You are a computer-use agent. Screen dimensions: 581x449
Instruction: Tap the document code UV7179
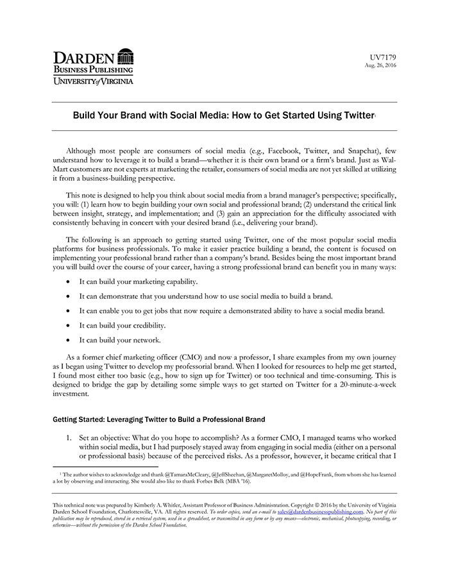tap(384, 58)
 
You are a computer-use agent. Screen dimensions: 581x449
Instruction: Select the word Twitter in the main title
tap(355, 115)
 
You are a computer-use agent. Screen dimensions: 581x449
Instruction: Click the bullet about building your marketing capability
tap(139, 282)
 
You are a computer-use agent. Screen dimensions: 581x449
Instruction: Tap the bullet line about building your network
tap(120, 340)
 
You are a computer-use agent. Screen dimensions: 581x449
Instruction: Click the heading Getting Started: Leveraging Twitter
tap(155, 419)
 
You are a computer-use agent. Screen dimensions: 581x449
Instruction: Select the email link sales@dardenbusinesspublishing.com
tap(321, 512)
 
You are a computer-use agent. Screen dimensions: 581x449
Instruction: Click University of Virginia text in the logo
tap(94, 81)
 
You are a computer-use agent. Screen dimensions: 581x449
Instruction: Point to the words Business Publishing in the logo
tap(94, 69)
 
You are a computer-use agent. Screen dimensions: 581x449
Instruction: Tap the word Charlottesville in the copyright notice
tap(135, 512)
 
